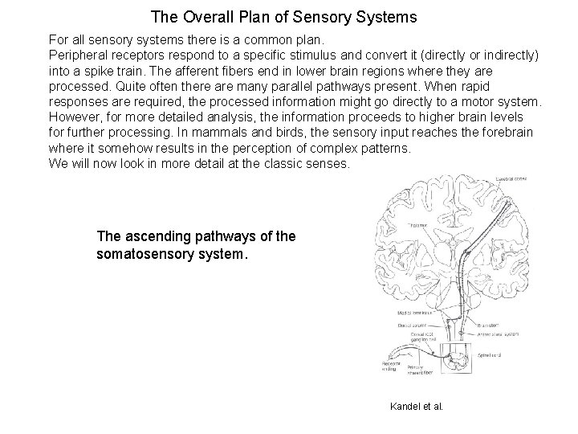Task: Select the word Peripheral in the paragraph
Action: (x=79, y=53)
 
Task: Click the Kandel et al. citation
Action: (x=416, y=406)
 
